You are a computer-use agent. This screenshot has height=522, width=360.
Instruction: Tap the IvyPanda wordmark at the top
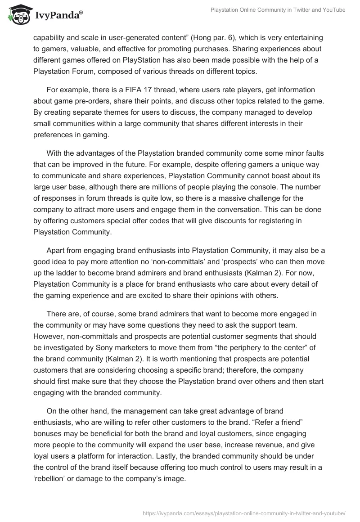[x=58, y=16]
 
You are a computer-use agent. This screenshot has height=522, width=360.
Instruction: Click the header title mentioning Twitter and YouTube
[x=278, y=10]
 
